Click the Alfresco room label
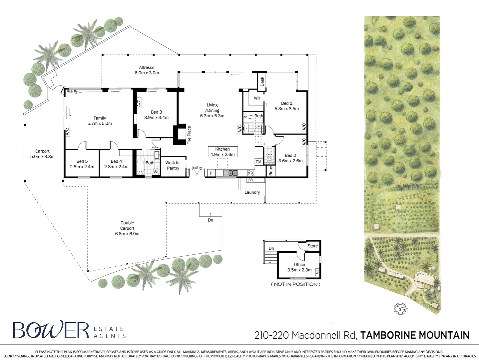click(147, 67)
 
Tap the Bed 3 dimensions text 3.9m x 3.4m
click(156, 117)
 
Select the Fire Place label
click(189, 135)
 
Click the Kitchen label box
click(223, 152)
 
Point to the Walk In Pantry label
click(173, 165)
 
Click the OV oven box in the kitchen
click(258, 162)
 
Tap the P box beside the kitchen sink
click(211, 173)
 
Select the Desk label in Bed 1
click(262, 81)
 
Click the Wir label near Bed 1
click(257, 98)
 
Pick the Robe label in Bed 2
click(271, 171)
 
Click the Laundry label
click(252, 192)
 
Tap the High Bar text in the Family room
click(73, 91)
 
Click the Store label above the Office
click(313, 246)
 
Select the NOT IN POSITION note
click(296, 284)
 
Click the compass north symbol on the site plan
click(400, 309)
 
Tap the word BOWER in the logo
click(51, 330)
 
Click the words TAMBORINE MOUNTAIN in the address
click(415, 335)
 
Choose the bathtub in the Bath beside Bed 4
click(140, 167)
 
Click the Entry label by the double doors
click(197, 167)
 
